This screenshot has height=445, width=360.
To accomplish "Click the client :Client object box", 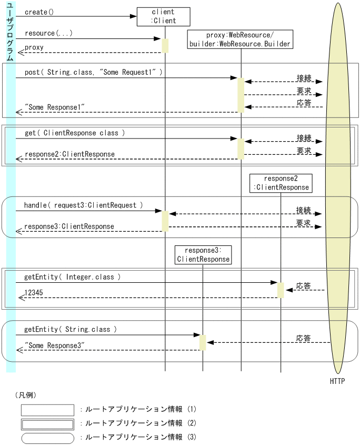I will coord(163,17).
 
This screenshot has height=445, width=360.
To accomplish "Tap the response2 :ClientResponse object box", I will coord(281,183).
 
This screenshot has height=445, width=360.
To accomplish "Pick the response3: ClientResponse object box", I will coord(203,255).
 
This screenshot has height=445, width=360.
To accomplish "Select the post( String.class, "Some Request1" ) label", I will coord(93,72).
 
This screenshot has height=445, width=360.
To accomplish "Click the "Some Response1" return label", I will coord(56,107).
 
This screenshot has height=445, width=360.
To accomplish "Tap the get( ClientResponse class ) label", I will coord(75,133).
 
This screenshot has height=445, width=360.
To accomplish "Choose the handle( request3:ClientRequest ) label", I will coord(83,205).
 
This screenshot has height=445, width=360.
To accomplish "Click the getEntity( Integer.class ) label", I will coord(73,276).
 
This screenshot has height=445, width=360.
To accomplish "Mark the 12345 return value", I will coord(34,293).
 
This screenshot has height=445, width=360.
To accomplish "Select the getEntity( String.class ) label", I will coord(71,329).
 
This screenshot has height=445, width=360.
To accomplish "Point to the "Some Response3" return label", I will coord(56,345).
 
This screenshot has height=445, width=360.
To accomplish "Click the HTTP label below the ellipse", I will coord(337,381).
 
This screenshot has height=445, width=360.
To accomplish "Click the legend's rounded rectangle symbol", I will coord(47,437).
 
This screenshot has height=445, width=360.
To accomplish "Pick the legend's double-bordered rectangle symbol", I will coord(47,423).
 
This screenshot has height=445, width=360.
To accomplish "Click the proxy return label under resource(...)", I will coord(34,47).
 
